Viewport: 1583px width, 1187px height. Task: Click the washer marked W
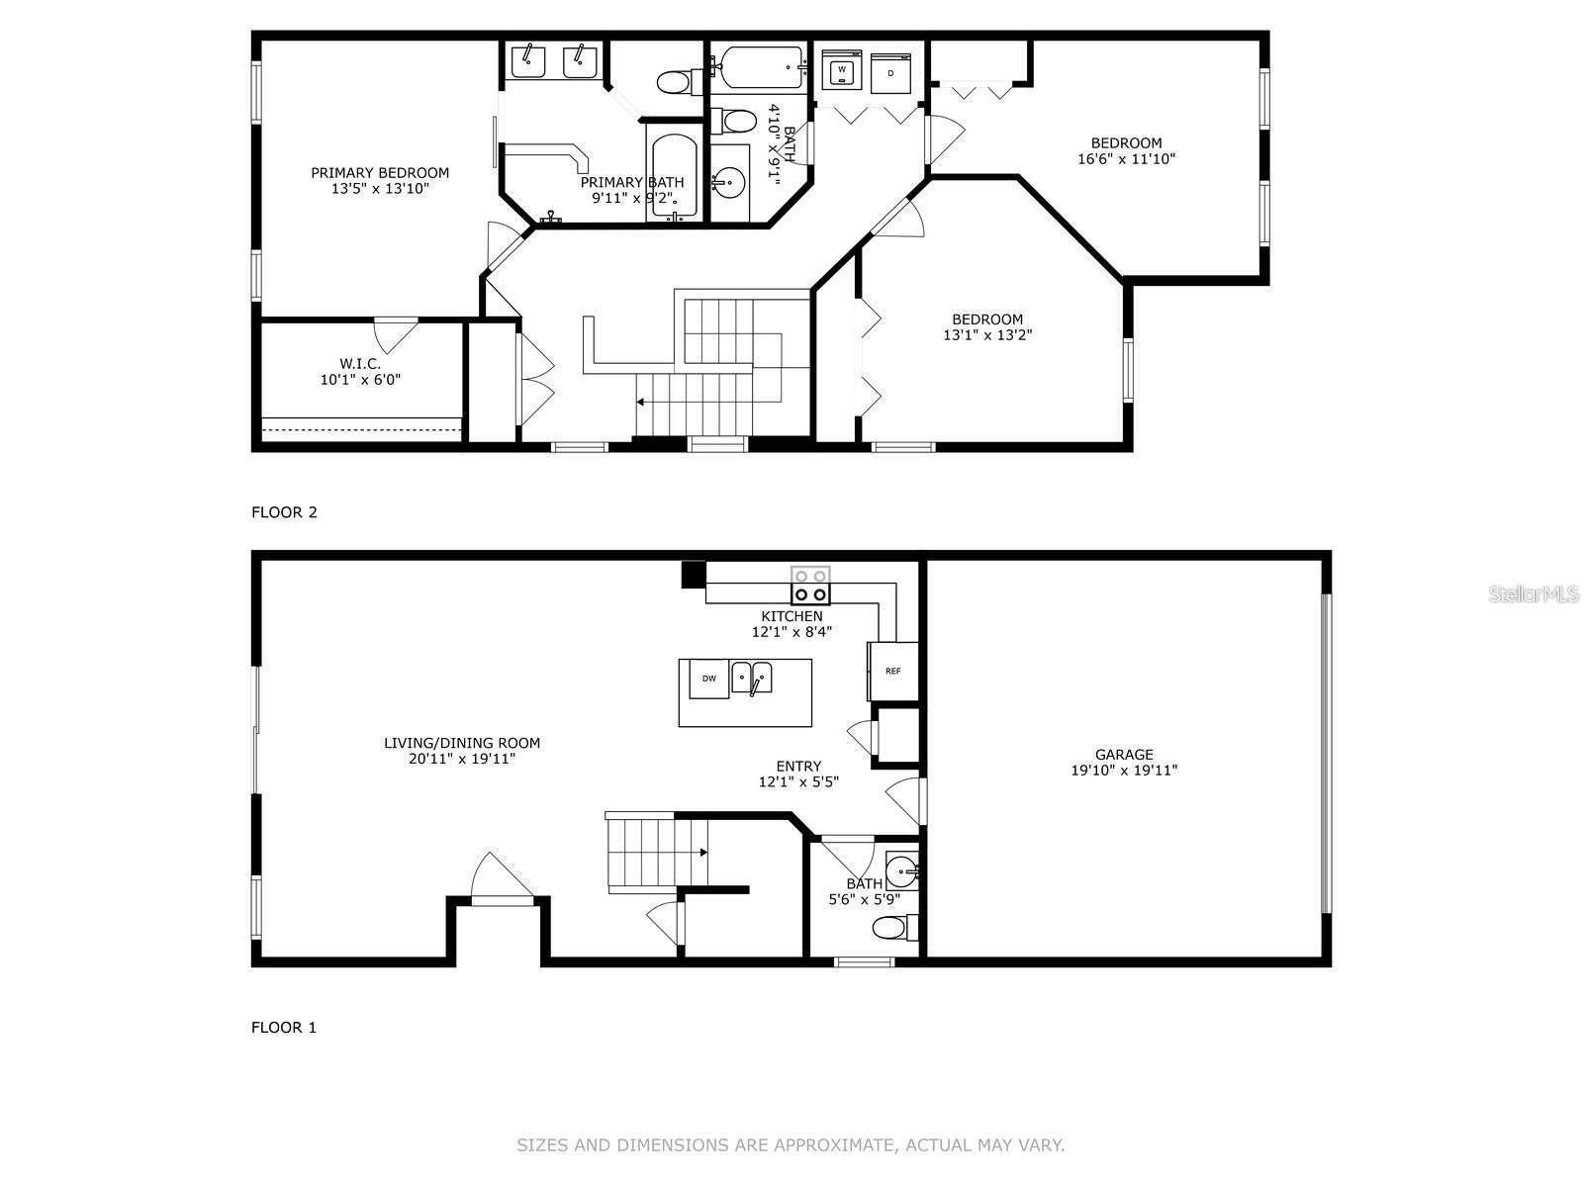(x=841, y=70)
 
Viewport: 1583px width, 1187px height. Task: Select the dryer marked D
(x=890, y=73)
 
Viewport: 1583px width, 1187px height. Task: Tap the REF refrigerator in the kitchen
(x=892, y=672)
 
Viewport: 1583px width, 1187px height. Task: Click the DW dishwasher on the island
(x=708, y=679)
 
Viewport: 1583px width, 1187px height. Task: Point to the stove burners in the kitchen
(x=810, y=585)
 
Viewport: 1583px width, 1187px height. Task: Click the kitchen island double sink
(x=752, y=678)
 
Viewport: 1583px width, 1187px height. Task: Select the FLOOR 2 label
(x=284, y=512)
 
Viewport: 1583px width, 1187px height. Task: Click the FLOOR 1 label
(x=284, y=1027)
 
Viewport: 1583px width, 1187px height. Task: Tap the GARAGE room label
(x=1124, y=754)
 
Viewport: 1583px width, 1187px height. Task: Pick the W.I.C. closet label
(x=360, y=363)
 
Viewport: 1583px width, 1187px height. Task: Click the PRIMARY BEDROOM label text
(x=380, y=172)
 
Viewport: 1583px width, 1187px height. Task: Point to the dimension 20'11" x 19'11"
(x=462, y=760)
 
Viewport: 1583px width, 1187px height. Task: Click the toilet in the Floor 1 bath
(x=893, y=928)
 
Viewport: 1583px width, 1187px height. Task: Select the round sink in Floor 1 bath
(x=899, y=871)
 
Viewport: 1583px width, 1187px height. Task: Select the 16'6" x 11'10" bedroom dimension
(x=1126, y=158)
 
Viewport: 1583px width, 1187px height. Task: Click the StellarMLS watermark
(x=1533, y=593)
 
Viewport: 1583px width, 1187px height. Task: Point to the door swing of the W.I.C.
(x=395, y=334)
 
